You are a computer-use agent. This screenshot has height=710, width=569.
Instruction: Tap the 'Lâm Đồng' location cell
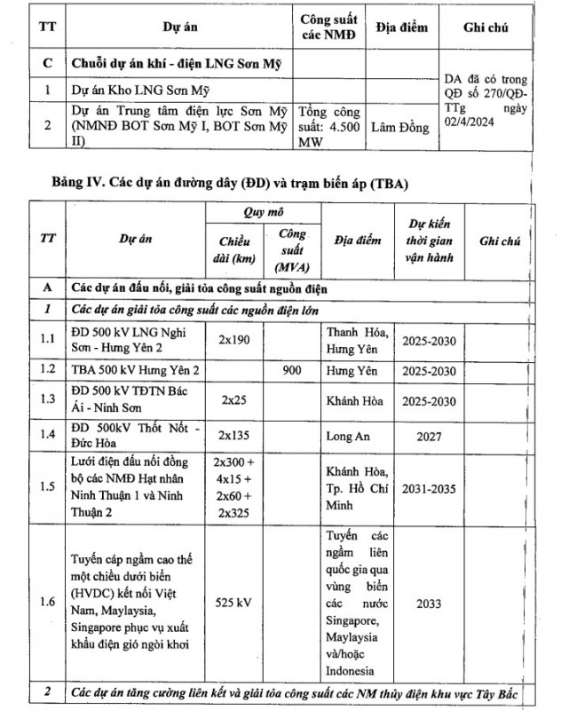pyautogui.click(x=399, y=128)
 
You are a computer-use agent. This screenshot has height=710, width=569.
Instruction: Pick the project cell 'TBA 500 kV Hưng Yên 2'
pyautogui.click(x=134, y=370)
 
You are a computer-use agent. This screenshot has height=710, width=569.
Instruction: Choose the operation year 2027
pyautogui.click(x=430, y=435)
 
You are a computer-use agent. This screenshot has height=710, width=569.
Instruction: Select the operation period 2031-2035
pyautogui.click(x=430, y=486)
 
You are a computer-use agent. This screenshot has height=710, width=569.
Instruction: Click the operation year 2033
pyautogui.click(x=430, y=603)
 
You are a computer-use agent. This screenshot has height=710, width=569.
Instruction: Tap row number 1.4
pyautogui.click(x=46, y=435)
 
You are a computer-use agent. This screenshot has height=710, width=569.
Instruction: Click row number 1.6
pyautogui.click(x=46, y=603)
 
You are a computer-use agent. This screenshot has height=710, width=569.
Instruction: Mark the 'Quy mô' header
pyautogui.click(x=262, y=214)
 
